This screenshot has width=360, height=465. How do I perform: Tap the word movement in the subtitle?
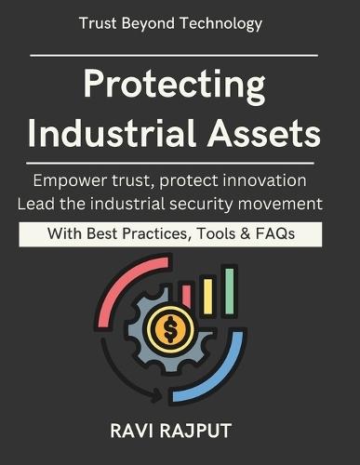(286, 201)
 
